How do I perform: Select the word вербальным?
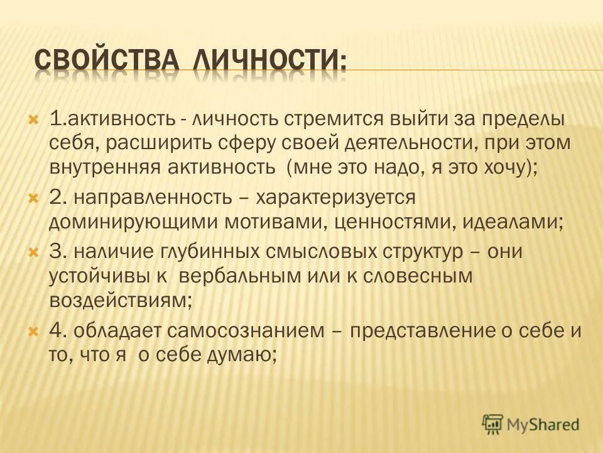[x=247, y=276]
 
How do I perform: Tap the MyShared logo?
[x=531, y=424]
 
